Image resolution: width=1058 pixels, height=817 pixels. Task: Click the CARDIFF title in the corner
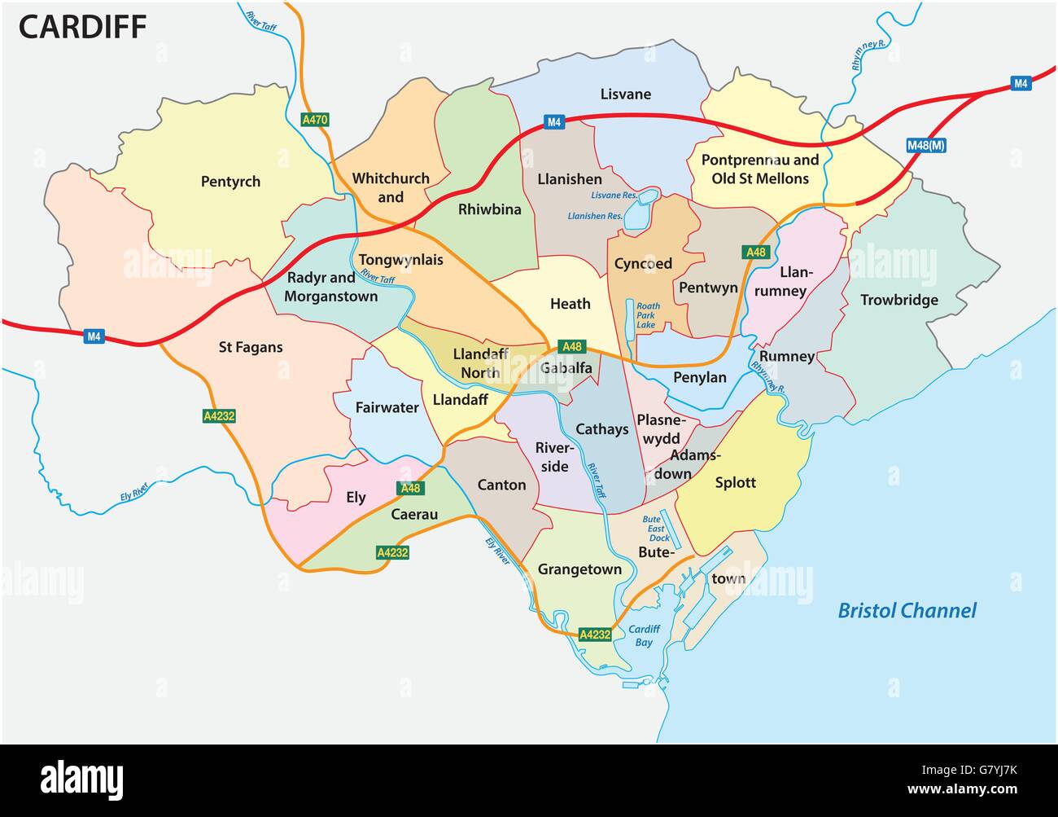click(82, 27)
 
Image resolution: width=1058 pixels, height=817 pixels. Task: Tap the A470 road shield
click(314, 120)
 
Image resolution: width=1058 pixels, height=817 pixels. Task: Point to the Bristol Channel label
click(907, 610)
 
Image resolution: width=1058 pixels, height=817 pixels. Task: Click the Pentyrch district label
click(230, 181)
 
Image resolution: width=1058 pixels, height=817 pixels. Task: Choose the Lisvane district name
click(625, 94)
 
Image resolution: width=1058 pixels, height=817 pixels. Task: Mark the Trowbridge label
click(898, 300)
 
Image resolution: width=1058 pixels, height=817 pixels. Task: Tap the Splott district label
click(735, 482)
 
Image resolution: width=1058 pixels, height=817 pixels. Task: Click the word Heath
click(570, 303)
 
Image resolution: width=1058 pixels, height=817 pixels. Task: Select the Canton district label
click(501, 485)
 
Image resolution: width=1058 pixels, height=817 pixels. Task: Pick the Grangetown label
click(579, 569)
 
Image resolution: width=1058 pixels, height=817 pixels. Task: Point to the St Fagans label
click(251, 347)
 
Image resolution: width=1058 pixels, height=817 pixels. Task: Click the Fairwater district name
click(387, 407)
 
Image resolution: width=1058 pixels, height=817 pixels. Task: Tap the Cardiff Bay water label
click(644, 635)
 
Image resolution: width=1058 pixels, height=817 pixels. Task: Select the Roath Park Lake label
click(648, 315)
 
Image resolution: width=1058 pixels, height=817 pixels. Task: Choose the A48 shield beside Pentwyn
click(756, 253)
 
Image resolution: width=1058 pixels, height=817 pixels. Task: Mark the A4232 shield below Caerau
click(391, 552)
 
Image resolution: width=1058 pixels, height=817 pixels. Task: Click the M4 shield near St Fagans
click(94, 336)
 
